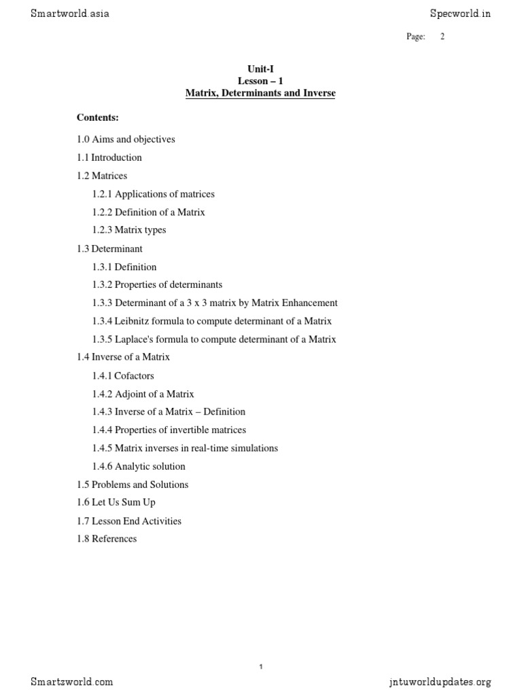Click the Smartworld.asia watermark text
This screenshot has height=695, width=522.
point(69,14)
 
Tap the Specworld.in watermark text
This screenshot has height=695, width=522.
point(460,14)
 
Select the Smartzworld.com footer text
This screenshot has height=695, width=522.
point(71,681)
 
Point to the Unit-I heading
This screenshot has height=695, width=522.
point(260,69)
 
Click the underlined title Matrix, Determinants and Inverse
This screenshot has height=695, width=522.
point(260,93)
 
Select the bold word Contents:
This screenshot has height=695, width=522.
point(98,118)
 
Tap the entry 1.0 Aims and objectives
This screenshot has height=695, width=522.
point(126,139)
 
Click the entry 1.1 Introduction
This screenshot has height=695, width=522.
point(109,157)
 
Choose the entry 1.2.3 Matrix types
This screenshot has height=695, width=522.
point(129,230)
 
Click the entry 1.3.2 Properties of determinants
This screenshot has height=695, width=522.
point(157,284)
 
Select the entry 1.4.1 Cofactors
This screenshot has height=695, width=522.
point(123,375)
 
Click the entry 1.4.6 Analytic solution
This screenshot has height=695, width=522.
point(139,466)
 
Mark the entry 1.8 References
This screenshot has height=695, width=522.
point(107,539)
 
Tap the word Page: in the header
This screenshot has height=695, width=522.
point(416,37)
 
